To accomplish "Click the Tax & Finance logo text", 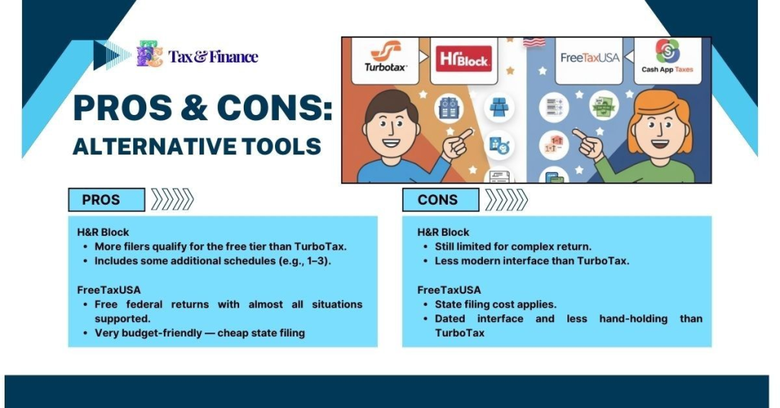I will (x=213, y=56).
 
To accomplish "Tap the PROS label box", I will (x=106, y=200).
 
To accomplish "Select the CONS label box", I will (x=440, y=200).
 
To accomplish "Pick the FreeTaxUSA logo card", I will (x=590, y=59).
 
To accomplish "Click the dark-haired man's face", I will (x=391, y=128).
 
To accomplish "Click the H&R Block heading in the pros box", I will (x=103, y=232).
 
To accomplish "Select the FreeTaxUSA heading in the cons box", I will (x=449, y=289).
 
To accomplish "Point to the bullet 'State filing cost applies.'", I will (x=495, y=304).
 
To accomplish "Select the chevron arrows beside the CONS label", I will (x=506, y=200).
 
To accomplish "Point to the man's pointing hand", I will (x=459, y=143).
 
